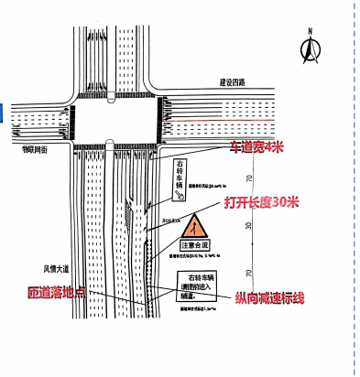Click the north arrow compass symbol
tap(309, 48)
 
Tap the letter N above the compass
tap(310, 32)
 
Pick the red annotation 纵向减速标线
tap(257, 298)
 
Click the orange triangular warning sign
tap(194, 224)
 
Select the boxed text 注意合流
tap(194, 245)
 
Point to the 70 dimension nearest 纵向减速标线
tap(249, 273)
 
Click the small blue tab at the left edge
tap(3, 112)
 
